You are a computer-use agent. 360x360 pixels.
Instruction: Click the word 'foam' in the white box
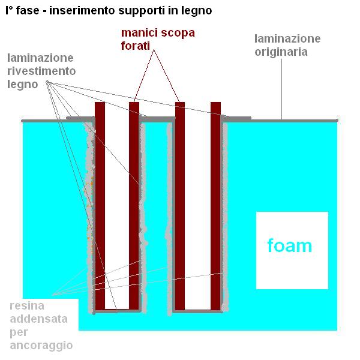pyautogui.click(x=290, y=245)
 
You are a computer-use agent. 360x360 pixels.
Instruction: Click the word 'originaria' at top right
pyautogui.click(x=281, y=52)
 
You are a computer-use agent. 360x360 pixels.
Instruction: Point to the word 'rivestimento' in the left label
pyautogui.click(x=42, y=71)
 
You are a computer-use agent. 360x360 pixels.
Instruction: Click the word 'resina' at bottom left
pyautogui.click(x=27, y=306)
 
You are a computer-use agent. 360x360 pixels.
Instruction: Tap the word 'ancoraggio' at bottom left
pyautogui.click(x=41, y=346)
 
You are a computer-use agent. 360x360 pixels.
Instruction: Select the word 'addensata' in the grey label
pyautogui.click(x=38, y=319)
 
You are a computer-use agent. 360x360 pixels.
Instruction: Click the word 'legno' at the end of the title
pyautogui.click(x=197, y=11)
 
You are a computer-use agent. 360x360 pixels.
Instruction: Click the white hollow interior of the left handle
pyautogui.click(x=117, y=204)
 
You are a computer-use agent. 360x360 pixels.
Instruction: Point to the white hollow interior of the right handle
pyautogui.click(x=197, y=204)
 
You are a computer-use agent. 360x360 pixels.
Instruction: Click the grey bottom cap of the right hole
pyautogui.click(x=197, y=311)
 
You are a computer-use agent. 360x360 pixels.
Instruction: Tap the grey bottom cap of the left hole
pyautogui.click(x=116, y=311)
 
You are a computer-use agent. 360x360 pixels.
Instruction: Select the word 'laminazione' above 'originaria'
pyautogui.click(x=287, y=39)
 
